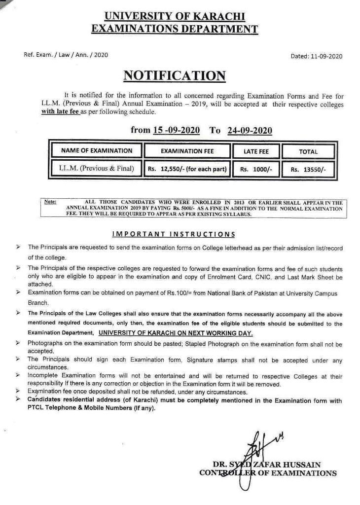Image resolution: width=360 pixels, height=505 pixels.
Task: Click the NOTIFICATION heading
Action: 174,75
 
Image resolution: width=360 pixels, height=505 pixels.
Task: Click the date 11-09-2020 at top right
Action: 324,56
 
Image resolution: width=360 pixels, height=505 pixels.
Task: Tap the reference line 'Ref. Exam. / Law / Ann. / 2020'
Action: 66,55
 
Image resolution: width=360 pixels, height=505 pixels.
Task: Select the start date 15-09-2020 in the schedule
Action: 176,130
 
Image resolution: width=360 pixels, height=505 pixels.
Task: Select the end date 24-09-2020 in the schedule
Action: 250,130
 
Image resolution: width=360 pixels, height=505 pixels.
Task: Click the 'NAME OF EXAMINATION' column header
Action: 97,151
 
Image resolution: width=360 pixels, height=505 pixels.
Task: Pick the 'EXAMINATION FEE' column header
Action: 187,151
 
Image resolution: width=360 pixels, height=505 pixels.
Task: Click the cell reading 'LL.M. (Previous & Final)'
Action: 97,168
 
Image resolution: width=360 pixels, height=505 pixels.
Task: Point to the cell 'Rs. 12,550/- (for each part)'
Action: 187,169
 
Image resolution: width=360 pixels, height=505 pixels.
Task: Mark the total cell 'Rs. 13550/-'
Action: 308,169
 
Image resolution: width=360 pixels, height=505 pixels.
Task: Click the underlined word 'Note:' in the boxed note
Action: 50,202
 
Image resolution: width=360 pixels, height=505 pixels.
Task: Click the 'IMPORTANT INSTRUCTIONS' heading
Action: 174,234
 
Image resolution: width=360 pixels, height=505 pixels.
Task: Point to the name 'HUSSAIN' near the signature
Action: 298,464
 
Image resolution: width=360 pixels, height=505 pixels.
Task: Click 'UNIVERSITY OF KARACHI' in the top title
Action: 175,17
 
